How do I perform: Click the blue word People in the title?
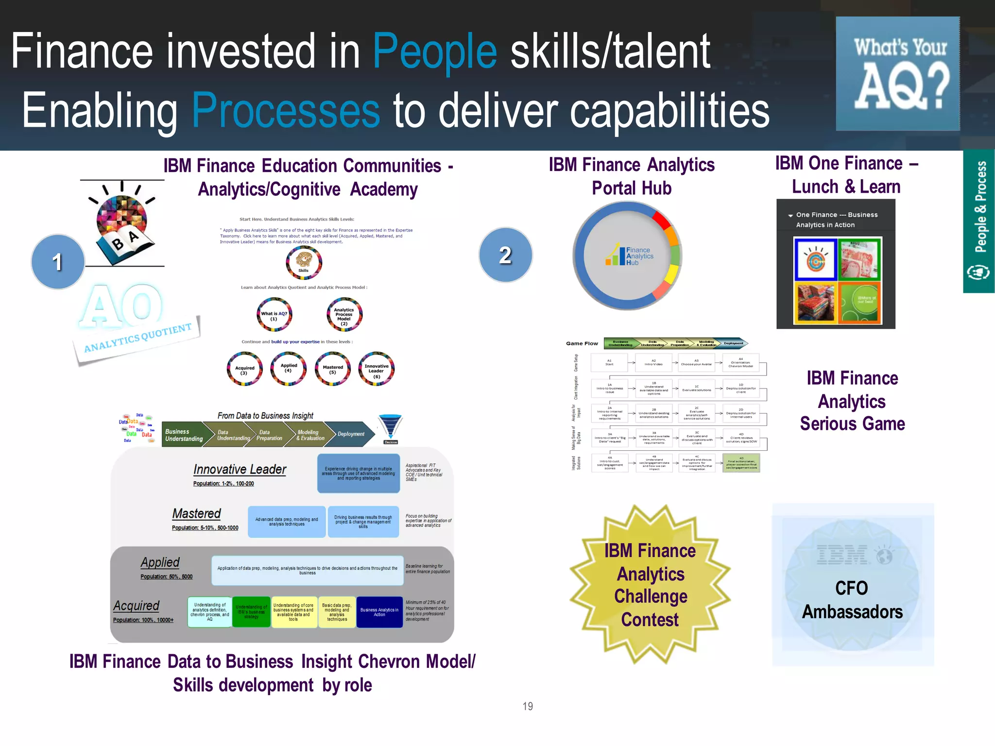(435, 51)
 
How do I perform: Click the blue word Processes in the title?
(286, 111)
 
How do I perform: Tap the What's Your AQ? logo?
(897, 74)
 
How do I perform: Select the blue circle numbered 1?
(58, 262)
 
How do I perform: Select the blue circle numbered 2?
(505, 255)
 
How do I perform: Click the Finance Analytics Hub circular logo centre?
(628, 256)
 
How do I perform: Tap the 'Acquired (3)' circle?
(244, 369)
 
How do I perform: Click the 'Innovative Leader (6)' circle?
(377, 369)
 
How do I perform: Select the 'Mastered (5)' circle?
(333, 369)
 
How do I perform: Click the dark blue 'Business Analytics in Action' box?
(379, 612)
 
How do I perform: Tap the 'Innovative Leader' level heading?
(240, 469)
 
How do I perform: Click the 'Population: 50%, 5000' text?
(166, 576)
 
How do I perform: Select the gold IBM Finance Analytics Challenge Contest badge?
(650, 585)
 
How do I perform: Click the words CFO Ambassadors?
(852, 600)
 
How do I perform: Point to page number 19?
(528, 706)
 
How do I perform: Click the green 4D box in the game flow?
(741, 463)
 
